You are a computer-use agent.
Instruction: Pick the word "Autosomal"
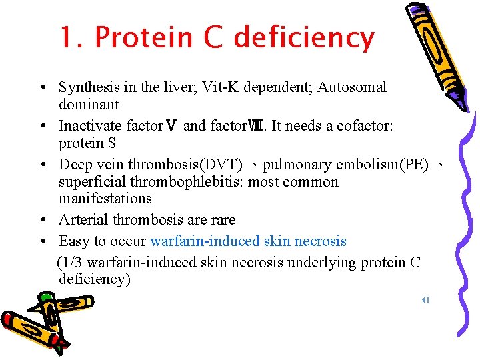click(x=351, y=87)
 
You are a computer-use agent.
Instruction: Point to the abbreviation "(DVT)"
click(x=219, y=165)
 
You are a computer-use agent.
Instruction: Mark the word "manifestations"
click(x=105, y=199)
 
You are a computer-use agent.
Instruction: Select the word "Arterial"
click(x=83, y=220)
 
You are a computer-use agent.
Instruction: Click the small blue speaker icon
click(x=425, y=300)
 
